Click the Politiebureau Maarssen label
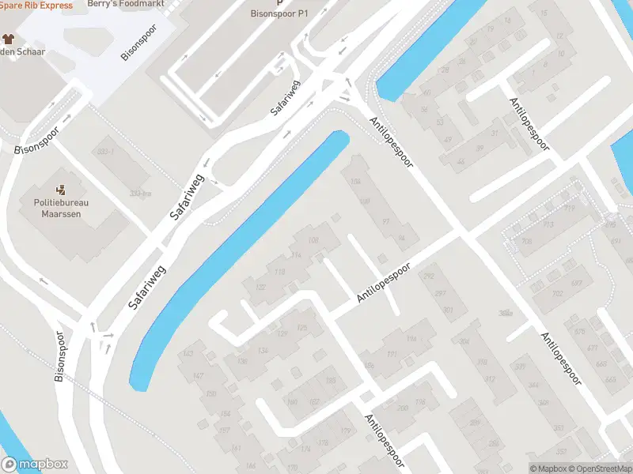point(60,208)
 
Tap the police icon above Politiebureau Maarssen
point(60,190)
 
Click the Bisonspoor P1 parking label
point(279,14)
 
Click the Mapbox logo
point(34,465)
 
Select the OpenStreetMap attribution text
point(596,469)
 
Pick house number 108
point(313,240)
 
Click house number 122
point(260,287)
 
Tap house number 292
point(430,276)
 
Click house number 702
point(556,294)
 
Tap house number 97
point(386,220)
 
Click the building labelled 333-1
point(105,152)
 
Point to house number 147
point(198,375)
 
